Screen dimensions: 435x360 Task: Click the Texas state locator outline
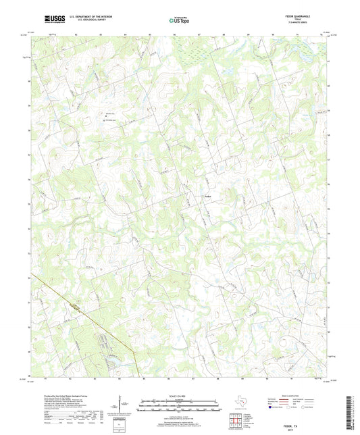pos(241,405)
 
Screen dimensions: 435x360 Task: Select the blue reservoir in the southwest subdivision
pos(107,357)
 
